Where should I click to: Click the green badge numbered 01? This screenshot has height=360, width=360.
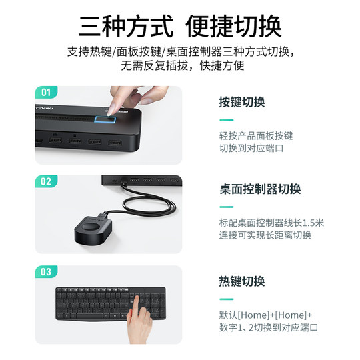point(46,91)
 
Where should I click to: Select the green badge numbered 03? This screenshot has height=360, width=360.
point(46,271)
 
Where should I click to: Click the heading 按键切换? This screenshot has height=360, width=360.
point(242,103)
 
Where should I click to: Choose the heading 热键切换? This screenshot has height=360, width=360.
point(242,281)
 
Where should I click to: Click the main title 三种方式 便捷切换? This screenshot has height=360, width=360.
point(180,26)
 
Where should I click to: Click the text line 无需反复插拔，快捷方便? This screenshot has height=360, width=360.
point(180,66)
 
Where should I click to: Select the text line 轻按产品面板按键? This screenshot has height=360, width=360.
point(255,135)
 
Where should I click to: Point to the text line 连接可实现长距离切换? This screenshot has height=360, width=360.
point(265,235)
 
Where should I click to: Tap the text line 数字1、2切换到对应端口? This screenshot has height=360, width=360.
point(268,327)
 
